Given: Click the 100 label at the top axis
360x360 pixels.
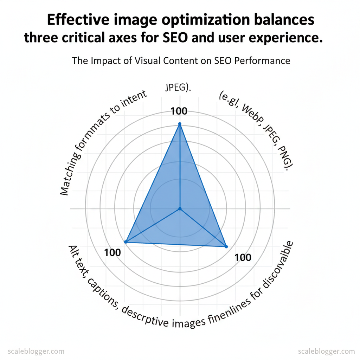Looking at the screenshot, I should [179, 111].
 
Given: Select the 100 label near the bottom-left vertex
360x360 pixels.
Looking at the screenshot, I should [112, 252].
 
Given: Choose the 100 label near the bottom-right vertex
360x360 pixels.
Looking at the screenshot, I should [243, 258].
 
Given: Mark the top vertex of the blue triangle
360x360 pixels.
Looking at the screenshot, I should [180, 124].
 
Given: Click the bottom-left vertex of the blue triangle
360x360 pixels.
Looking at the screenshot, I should [126, 242].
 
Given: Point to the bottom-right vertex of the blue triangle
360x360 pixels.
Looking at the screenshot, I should [226, 246].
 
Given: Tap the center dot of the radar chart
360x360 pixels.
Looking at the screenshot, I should [180, 209].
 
